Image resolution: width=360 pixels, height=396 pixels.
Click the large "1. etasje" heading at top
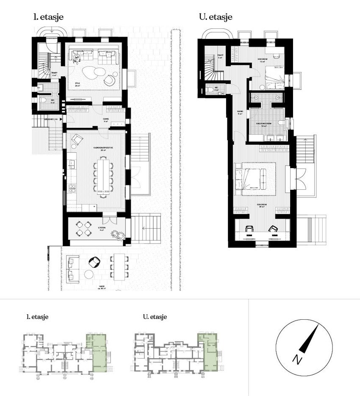49,18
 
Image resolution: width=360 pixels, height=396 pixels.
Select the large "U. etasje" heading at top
215,18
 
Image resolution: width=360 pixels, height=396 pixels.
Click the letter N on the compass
298,360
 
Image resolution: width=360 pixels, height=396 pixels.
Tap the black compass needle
310,339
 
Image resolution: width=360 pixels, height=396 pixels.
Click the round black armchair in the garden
94,262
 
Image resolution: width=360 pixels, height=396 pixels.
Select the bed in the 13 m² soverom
274,77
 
